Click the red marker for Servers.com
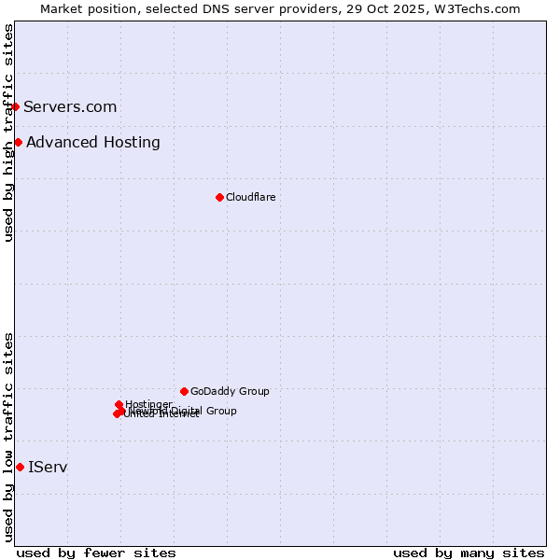(x=15, y=106)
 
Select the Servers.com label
(x=70, y=106)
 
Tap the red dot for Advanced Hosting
(x=18, y=142)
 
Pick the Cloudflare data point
(x=219, y=197)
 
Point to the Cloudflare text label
(x=250, y=197)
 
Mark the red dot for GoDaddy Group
(x=184, y=391)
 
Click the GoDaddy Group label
(x=230, y=391)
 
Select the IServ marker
(x=20, y=467)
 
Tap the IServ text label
(x=48, y=467)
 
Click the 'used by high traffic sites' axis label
(x=8, y=133)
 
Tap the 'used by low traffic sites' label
(x=8, y=437)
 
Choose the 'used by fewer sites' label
(x=97, y=553)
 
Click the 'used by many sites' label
(x=469, y=553)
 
